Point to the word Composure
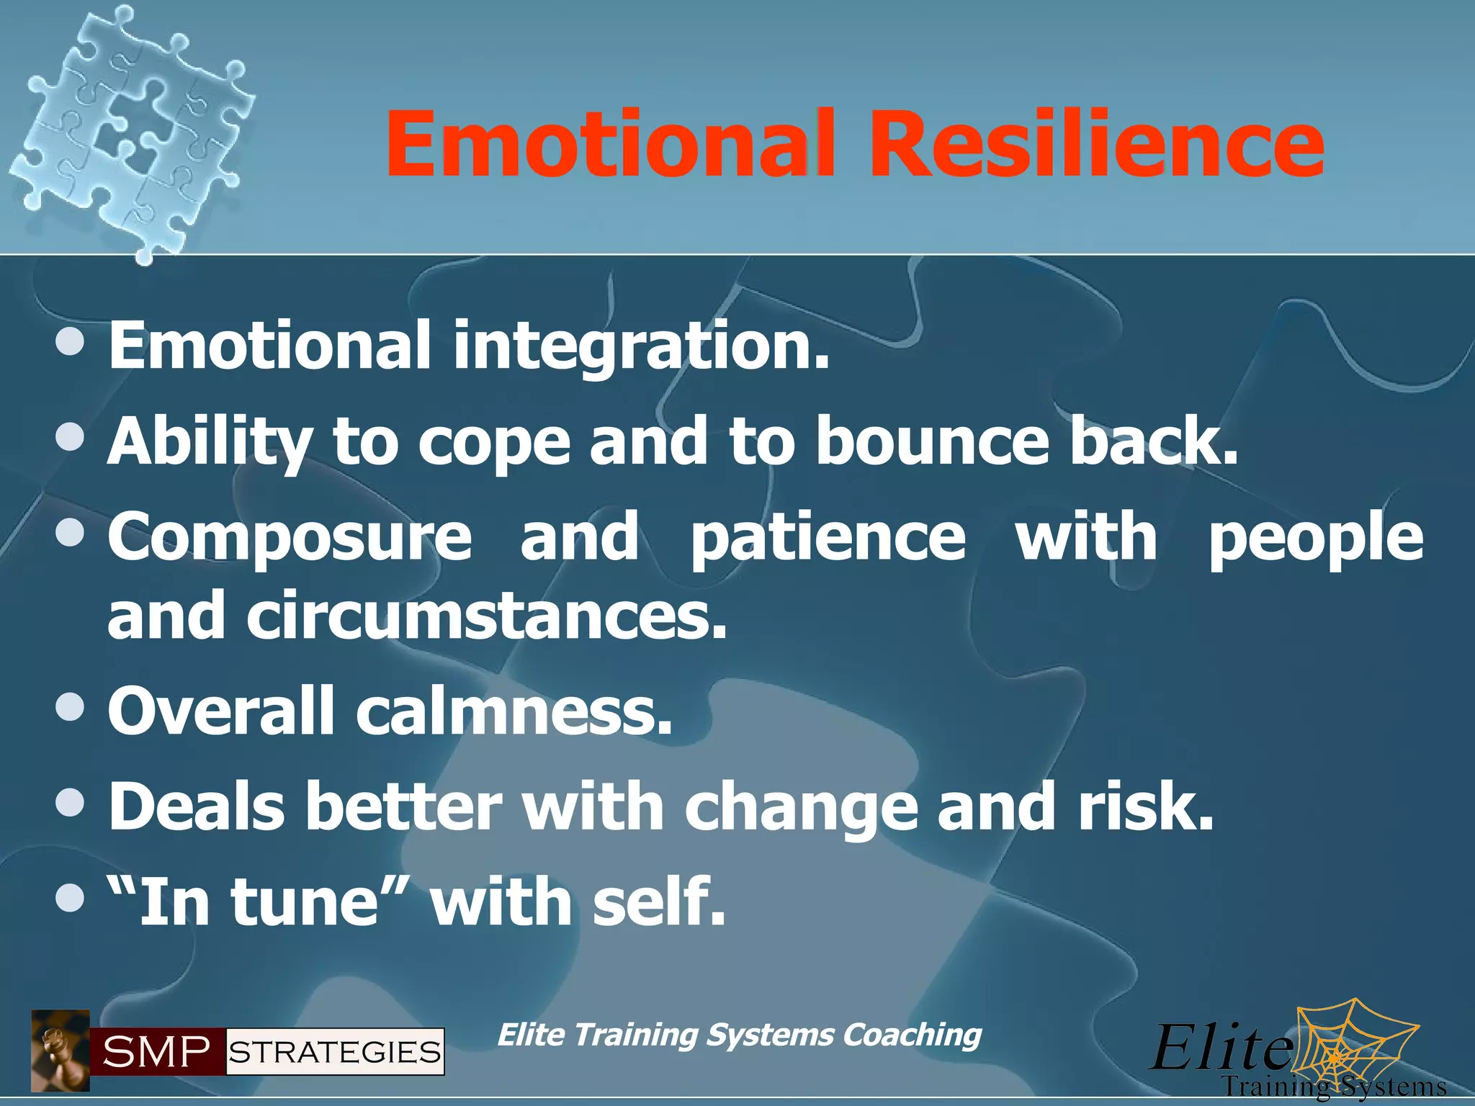click(x=290, y=539)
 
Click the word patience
click(x=828, y=539)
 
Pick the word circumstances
click(x=487, y=616)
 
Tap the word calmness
click(x=514, y=711)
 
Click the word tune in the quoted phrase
click(x=304, y=902)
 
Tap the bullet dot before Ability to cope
click(x=71, y=436)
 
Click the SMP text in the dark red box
click(x=157, y=1052)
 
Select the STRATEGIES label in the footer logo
click(x=335, y=1052)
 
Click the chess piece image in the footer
click(x=60, y=1051)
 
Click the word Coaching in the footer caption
click(x=912, y=1035)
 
